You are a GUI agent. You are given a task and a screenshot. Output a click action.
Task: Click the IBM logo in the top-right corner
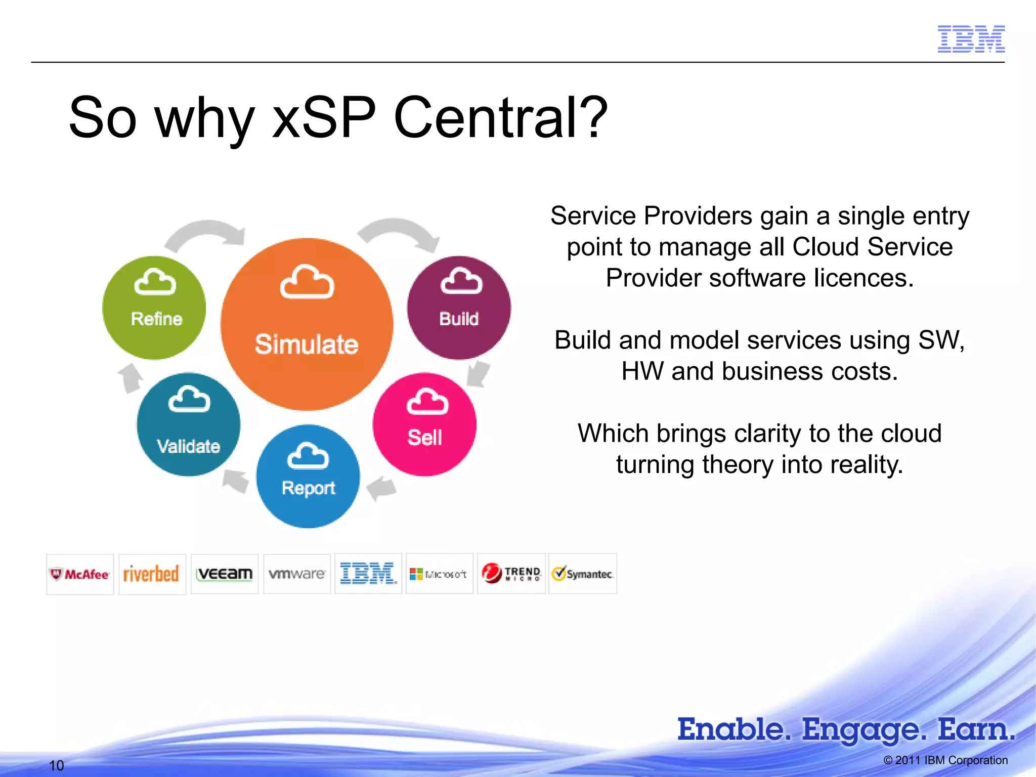[971, 39]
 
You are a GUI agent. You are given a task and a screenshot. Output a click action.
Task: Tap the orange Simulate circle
[307, 324]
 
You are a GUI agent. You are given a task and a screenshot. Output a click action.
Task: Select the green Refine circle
[154, 308]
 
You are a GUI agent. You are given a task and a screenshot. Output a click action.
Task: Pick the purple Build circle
[459, 308]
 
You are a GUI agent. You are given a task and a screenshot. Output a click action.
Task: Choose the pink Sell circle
[424, 424]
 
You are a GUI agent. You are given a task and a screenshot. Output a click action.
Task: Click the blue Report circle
[308, 476]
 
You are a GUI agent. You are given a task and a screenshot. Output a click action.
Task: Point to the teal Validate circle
[188, 424]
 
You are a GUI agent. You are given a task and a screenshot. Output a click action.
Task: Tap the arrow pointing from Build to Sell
[478, 373]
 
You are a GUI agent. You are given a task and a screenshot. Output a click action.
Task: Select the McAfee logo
[80, 574]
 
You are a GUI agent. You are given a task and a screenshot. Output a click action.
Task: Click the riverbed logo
[152, 574]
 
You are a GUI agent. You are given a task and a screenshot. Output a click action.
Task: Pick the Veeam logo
[225, 574]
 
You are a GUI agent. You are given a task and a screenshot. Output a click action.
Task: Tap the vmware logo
[297, 574]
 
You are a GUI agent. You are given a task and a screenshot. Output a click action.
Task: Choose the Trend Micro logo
[511, 574]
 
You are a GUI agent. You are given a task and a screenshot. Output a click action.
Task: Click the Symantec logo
[583, 574]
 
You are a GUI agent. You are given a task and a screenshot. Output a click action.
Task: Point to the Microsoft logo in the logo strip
[439, 574]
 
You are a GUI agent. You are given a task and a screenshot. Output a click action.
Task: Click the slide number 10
[56, 765]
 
